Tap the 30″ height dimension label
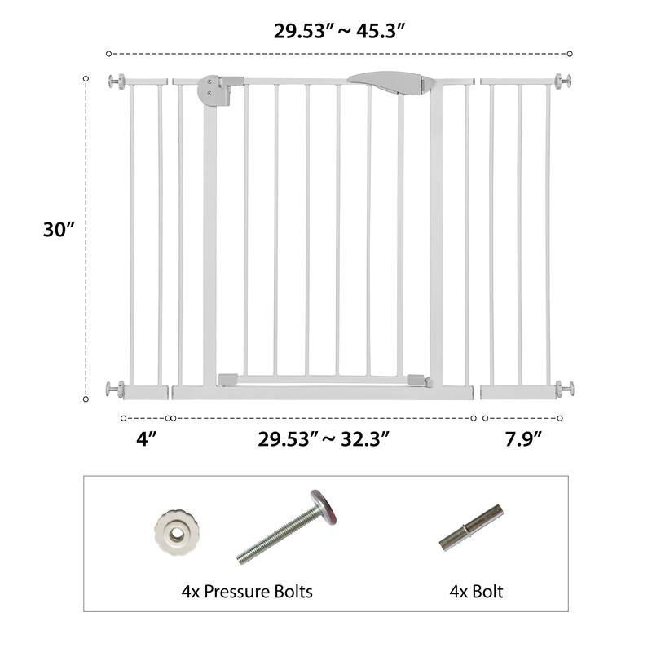tap(59, 230)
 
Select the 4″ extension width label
tap(147, 438)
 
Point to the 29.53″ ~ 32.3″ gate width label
tap(324, 438)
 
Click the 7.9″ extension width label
tap(523, 438)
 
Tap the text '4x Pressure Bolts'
tap(247, 591)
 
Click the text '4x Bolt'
tap(476, 591)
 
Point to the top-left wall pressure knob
tap(117, 81)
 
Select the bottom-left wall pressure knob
tap(116, 390)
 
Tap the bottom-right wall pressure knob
tap(564, 390)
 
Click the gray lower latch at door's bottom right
tap(416, 381)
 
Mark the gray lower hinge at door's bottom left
tap(227, 378)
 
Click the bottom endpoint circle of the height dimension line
tap(86, 399)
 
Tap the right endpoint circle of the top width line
tap(569, 54)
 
